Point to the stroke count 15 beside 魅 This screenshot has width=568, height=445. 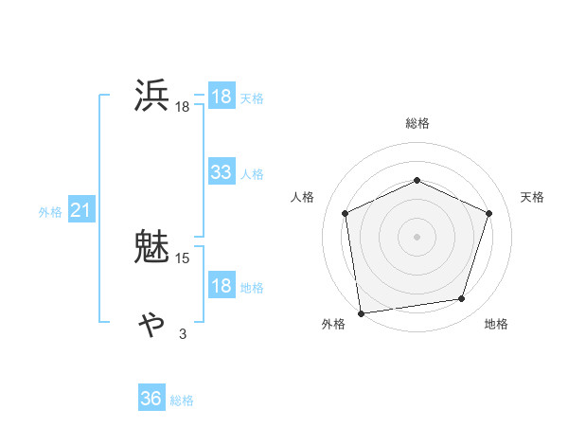coord(184,258)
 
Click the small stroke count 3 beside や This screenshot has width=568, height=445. coord(183,333)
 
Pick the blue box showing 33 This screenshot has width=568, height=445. coord(222,172)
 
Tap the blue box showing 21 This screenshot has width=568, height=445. coord(80,210)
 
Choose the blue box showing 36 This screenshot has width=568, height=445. coord(151,399)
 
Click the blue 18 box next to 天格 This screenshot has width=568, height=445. coord(222,97)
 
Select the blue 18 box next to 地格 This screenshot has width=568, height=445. coord(222,286)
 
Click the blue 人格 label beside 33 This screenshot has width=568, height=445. coord(252,174)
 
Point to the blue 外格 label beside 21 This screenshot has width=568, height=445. coord(50,212)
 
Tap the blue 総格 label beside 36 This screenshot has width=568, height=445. coord(182,400)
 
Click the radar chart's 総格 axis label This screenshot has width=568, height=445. coord(417,123)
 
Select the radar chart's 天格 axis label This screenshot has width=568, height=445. coord(533,197)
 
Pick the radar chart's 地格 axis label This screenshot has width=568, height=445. coord(496,324)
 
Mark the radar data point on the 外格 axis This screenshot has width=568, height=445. coord(361,311)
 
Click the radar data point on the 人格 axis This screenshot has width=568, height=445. coord(346,213)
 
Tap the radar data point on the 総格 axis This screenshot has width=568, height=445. coord(417,180)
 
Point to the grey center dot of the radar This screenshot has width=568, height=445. coord(417,236)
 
